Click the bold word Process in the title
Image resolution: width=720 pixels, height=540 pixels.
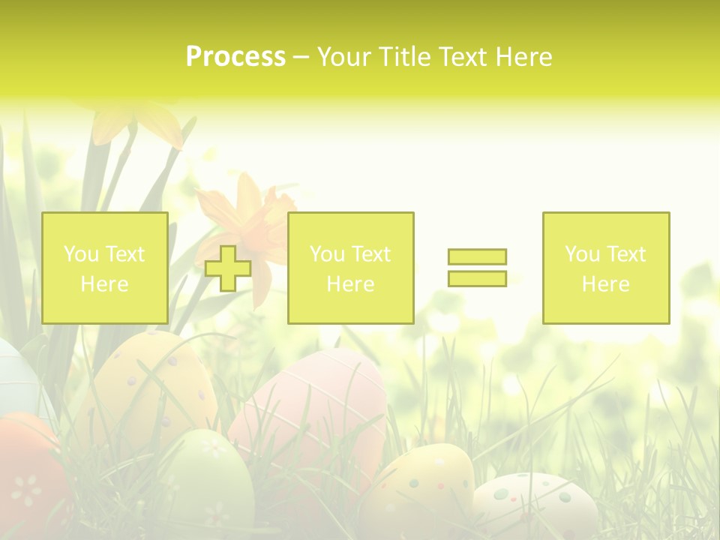pos(235,57)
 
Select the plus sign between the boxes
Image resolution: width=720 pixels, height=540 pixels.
pos(228,268)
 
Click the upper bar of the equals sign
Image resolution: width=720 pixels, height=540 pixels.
pos(477,256)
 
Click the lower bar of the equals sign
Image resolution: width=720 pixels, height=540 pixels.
pos(477,278)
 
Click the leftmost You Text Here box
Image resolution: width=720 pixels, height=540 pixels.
pos(104,268)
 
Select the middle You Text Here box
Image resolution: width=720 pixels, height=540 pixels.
pos(350,268)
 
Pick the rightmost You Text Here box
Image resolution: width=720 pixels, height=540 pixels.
pos(605,268)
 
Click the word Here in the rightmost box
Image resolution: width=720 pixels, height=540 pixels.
pos(605,284)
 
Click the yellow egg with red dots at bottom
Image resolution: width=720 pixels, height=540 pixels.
pos(420,487)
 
